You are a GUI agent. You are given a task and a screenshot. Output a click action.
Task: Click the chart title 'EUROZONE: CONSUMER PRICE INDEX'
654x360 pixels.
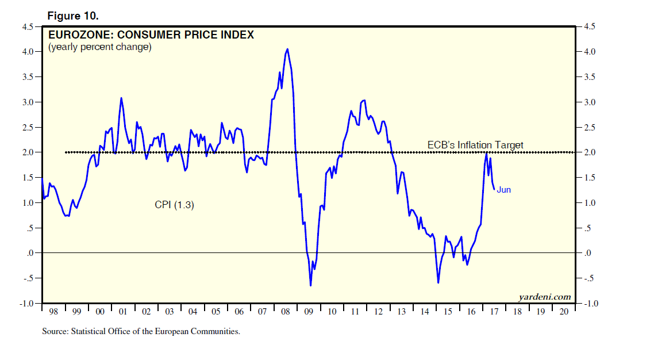click(x=151, y=35)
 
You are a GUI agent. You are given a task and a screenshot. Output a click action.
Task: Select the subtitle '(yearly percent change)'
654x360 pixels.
click(x=100, y=47)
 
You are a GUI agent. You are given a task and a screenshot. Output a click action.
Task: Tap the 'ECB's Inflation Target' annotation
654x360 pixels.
click(x=475, y=145)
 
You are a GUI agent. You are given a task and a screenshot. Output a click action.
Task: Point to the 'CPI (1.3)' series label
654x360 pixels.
click(x=174, y=204)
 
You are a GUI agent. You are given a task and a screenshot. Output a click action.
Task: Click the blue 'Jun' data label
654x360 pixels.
click(x=503, y=190)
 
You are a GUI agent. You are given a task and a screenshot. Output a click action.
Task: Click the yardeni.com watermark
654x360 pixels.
click(x=544, y=297)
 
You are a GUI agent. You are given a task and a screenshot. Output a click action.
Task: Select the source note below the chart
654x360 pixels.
click(x=141, y=331)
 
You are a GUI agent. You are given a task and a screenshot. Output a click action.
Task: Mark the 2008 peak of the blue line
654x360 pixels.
click(x=287, y=49)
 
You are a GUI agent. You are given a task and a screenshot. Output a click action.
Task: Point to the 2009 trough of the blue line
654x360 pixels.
click(x=310, y=285)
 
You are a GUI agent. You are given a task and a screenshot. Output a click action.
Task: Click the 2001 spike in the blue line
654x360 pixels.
click(x=121, y=98)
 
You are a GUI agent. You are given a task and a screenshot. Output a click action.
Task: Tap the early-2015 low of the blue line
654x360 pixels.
click(x=438, y=282)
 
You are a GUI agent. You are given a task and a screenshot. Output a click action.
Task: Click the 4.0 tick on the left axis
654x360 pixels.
click(x=28, y=52)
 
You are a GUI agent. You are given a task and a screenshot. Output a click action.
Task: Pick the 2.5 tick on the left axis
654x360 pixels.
click(x=28, y=127)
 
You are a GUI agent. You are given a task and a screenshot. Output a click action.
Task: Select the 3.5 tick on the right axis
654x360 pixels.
click(x=590, y=77)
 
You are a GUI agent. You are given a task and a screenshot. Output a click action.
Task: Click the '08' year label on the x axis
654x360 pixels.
click(x=285, y=311)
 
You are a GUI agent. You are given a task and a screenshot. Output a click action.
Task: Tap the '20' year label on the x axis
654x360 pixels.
click(x=563, y=311)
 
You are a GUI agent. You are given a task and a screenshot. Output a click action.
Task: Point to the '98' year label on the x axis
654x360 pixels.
click(x=53, y=311)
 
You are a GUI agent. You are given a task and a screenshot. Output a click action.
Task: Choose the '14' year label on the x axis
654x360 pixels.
click(x=424, y=311)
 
